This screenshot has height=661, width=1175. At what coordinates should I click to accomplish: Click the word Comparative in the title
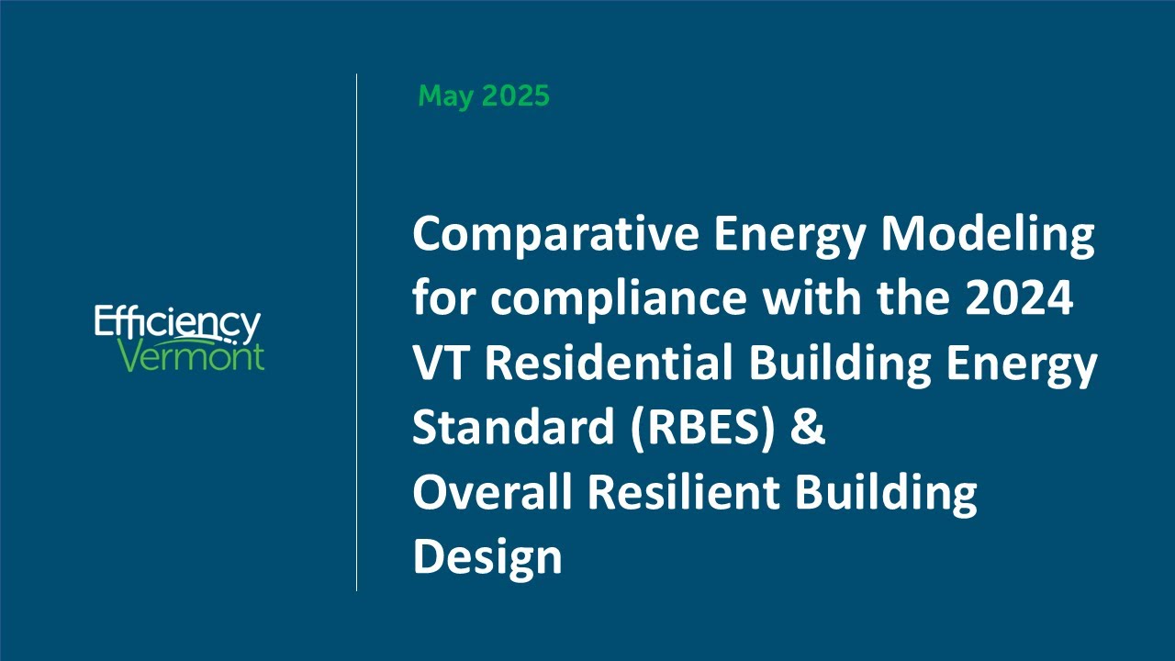click(x=553, y=235)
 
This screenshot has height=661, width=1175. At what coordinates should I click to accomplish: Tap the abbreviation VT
click(x=442, y=364)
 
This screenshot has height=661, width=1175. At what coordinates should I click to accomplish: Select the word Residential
click(x=609, y=364)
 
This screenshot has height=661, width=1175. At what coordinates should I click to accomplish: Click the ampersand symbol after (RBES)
click(x=808, y=428)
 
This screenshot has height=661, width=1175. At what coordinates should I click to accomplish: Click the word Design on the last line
click(x=487, y=556)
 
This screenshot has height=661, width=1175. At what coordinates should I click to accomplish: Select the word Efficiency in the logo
click(x=177, y=324)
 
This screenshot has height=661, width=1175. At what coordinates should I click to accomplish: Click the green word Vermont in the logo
click(x=193, y=356)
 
